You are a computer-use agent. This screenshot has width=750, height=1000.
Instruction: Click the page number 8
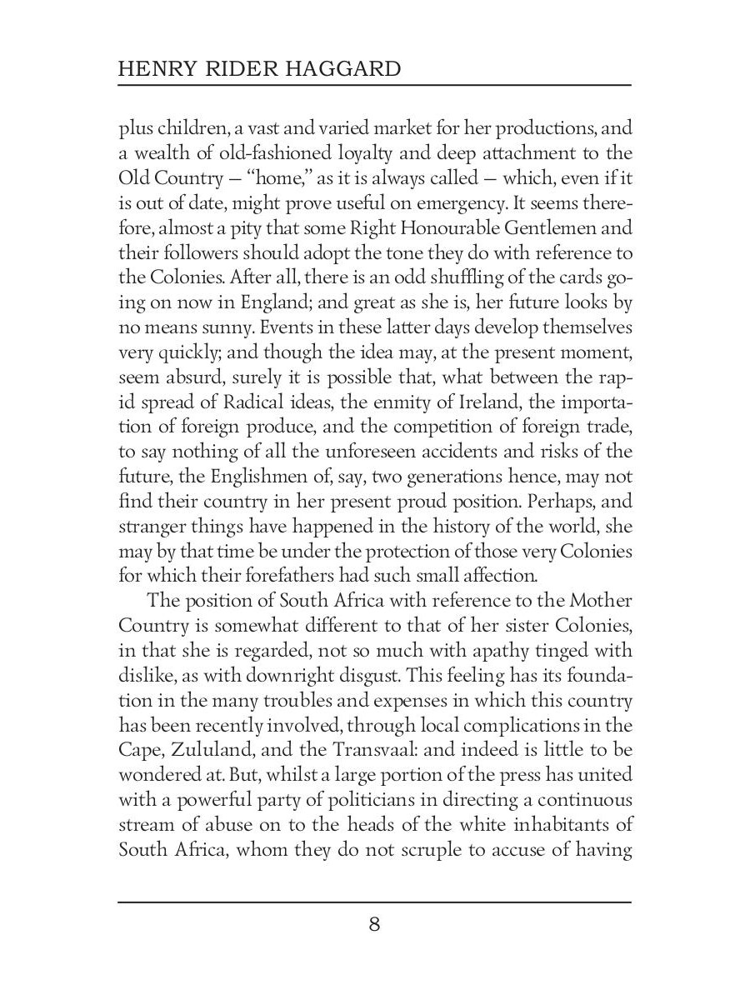coord(374,924)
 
